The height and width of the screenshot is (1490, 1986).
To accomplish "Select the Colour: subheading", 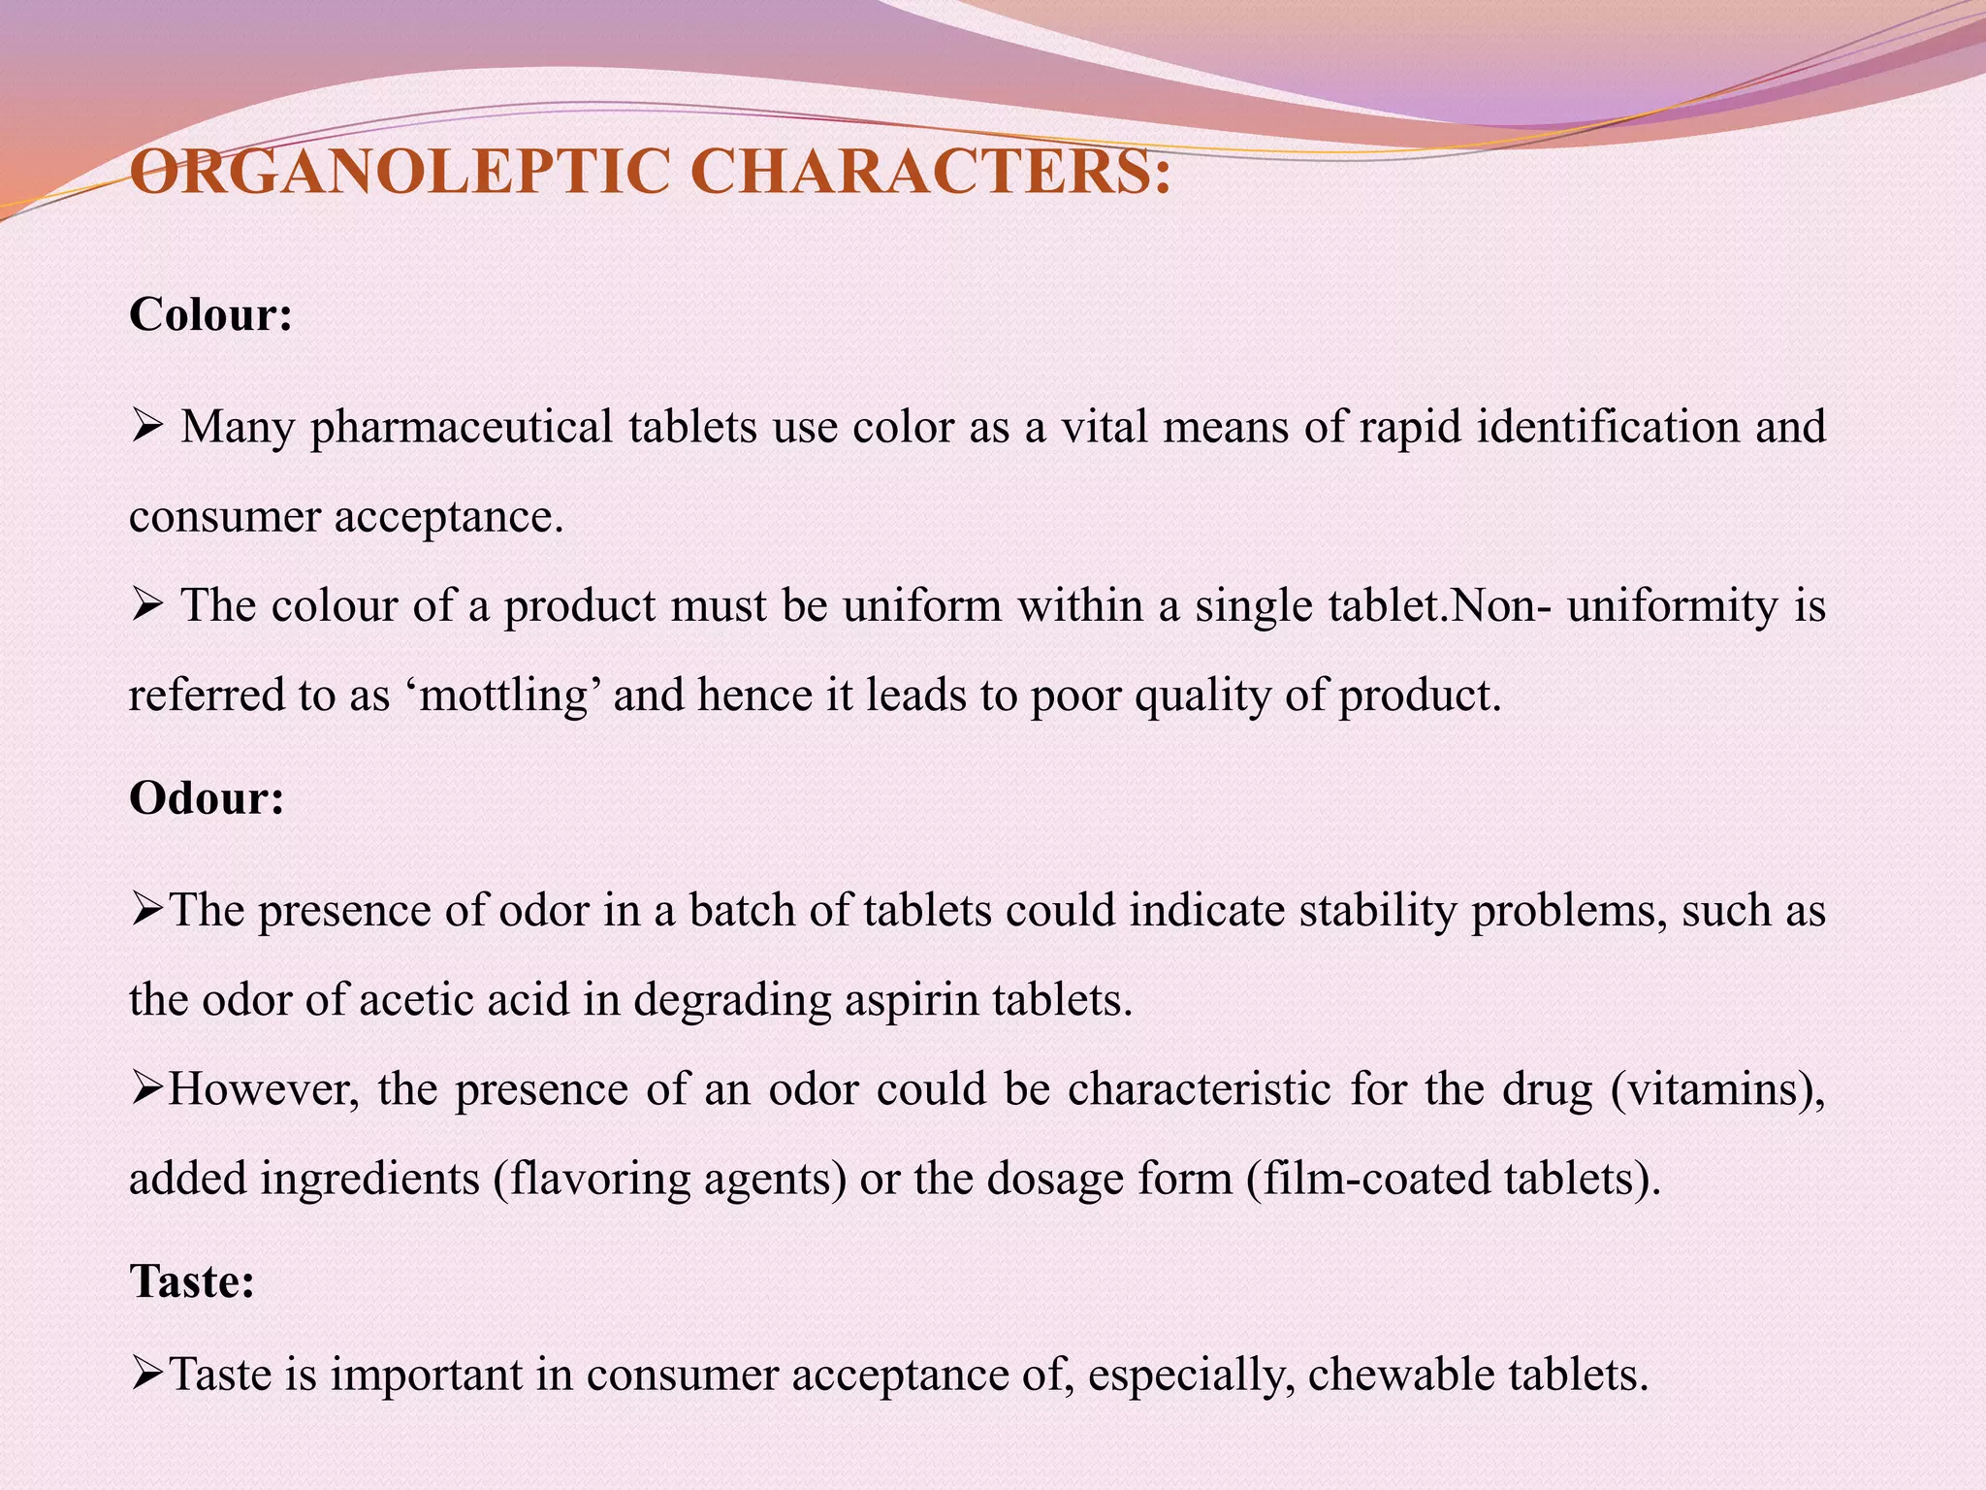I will coord(210,314).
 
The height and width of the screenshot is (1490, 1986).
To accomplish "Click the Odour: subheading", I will coord(207,798).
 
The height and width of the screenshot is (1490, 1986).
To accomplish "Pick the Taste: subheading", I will coord(192,1281).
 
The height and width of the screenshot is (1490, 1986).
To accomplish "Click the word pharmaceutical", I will coord(462,428).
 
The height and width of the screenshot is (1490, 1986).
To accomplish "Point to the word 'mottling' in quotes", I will coord(504,696).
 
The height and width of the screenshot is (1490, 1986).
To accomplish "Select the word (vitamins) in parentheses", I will coord(1717,1089).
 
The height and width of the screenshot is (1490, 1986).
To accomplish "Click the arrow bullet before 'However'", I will coord(147,1089).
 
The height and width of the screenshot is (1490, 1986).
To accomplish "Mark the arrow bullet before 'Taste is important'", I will coord(147,1375).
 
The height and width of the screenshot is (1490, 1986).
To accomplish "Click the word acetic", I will coord(417,1000).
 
